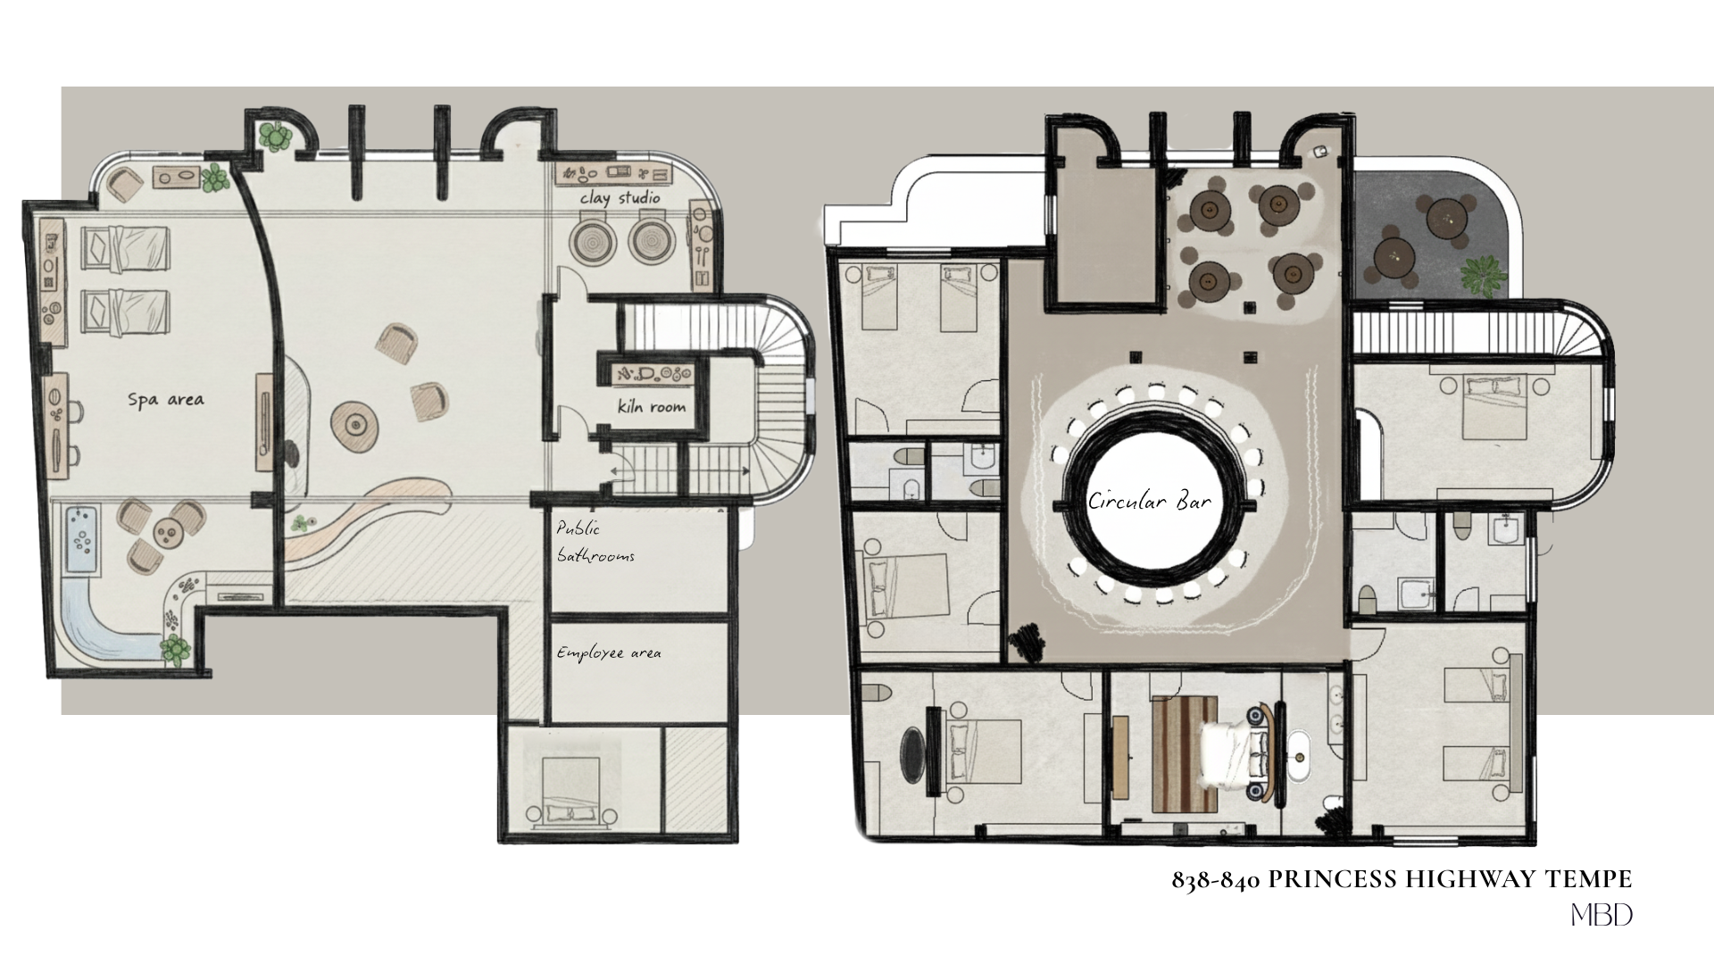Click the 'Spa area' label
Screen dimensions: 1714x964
(165, 399)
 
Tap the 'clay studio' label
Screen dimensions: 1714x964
(620, 197)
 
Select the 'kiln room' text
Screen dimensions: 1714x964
(652, 407)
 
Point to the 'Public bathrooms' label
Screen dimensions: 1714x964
(595, 542)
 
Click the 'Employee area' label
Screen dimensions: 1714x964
(609, 652)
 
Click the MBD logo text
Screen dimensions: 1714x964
(1602, 916)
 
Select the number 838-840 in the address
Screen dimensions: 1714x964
(1215, 881)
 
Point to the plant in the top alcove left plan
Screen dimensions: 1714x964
(276, 137)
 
